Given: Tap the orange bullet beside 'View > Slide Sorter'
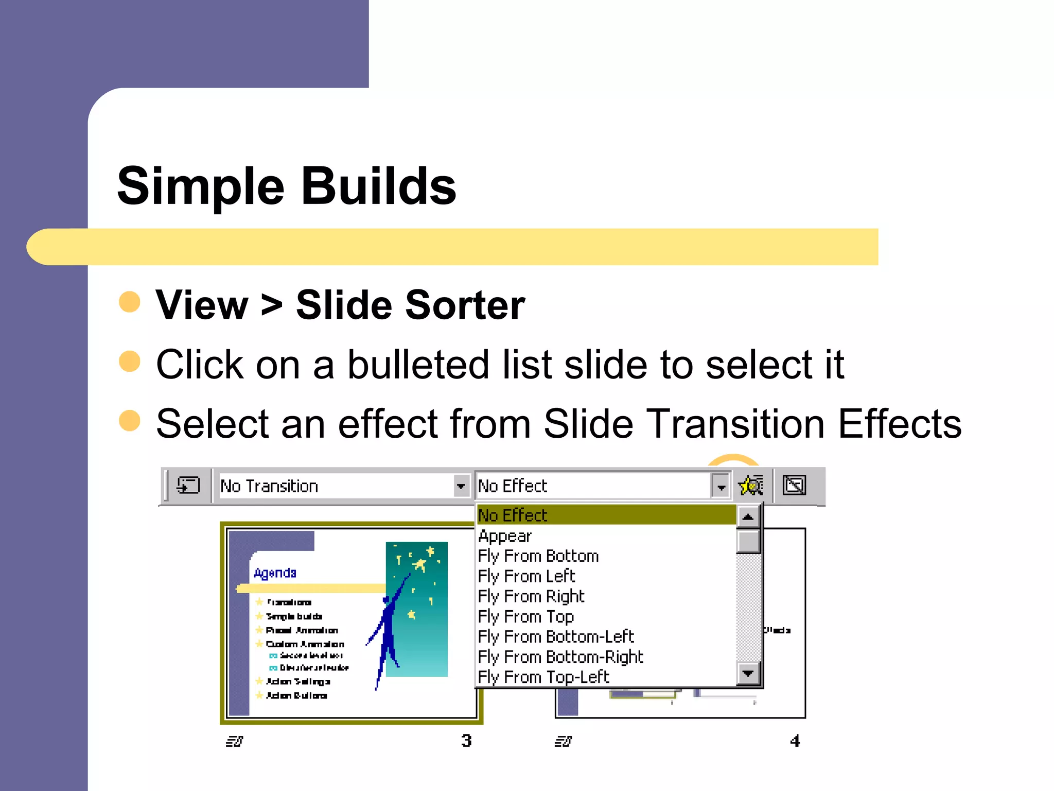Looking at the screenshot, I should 129,302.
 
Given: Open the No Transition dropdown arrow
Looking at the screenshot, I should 461,486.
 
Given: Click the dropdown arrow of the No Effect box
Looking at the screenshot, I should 721,486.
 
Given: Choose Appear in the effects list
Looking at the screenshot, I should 504,536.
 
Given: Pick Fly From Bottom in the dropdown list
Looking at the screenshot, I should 538,556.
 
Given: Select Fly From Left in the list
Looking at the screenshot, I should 526,576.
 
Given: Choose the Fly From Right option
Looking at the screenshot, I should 531,596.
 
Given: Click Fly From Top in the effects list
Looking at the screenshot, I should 525,616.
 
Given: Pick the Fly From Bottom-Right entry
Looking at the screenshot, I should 560,657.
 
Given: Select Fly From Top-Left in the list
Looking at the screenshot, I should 543,677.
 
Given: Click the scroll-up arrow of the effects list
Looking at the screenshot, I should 748,516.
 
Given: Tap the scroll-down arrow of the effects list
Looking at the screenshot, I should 748,673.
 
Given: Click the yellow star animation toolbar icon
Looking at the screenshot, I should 750,485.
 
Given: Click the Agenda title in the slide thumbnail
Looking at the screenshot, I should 275,573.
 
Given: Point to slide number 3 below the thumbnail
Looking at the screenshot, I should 466,741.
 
